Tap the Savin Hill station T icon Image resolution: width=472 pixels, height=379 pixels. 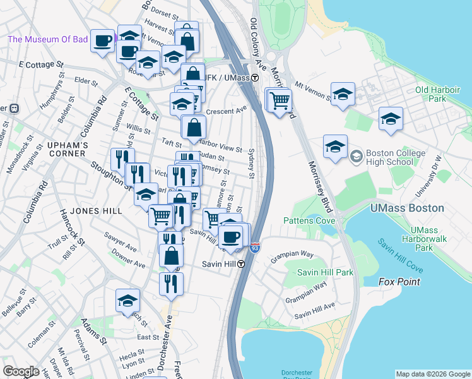241,264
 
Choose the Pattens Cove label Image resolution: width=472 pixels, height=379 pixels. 309,220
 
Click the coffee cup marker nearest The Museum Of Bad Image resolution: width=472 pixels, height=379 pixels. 102,42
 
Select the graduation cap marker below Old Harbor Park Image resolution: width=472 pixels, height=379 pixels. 391,118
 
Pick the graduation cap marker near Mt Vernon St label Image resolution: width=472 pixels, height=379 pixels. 343,94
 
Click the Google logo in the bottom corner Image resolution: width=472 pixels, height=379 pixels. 21,371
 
